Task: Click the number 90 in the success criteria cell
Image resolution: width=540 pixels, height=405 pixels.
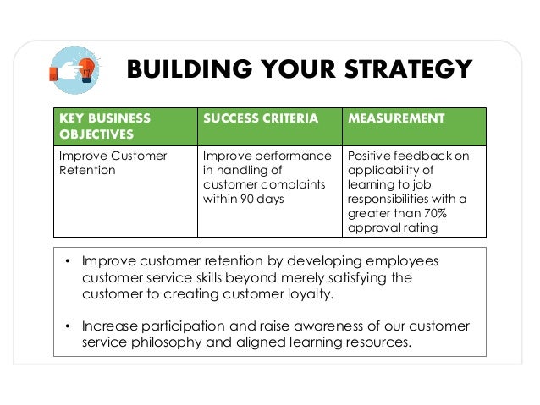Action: (245, 200)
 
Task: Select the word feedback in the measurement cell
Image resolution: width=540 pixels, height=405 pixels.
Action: (416, 156)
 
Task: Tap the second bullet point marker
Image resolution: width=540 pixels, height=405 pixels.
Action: (68, 326)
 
